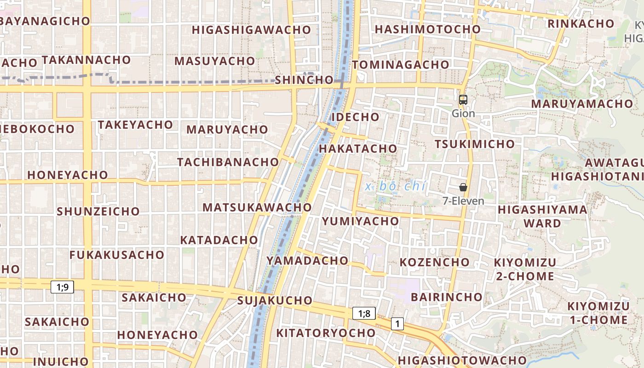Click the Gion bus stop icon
(463, 99)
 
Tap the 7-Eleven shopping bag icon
(463, 187)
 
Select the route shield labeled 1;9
(62, 287)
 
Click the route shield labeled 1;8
(364, 314)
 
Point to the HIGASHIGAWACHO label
(252, 30)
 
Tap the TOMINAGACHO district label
(401, 65)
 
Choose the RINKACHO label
(581, 23)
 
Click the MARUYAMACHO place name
(582, 103)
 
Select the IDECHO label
(356, 117)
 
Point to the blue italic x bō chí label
(395, 186)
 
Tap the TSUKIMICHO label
(475, 144)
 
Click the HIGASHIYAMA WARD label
(543, 216)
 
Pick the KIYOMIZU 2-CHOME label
(525, 269)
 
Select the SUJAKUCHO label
(275, 301)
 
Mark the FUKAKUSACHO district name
(117, 255)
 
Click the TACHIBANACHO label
(228, 162)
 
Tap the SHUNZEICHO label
(98, 212)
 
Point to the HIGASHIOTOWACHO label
(462, 360)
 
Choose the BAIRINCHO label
(446, 297)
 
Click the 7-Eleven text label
(463, 201)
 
